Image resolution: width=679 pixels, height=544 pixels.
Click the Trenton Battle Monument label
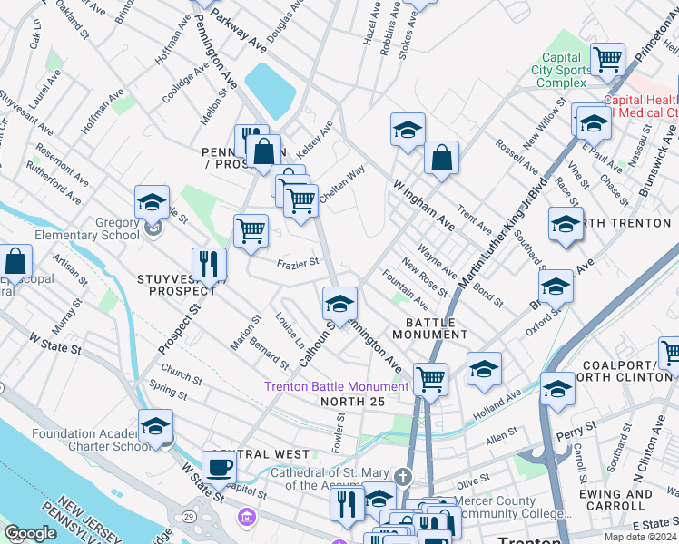pos(336,386)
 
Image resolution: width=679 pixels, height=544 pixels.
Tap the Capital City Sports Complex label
pos(561,70)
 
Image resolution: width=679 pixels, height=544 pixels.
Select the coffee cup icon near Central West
pos(218,468)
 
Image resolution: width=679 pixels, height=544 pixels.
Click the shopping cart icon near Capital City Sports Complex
pos(607,59)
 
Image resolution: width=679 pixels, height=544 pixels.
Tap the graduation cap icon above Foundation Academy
pos(155,426)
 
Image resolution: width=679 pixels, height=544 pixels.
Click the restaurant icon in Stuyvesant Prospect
pos(209,264)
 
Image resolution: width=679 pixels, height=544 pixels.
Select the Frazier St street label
pos(298,263)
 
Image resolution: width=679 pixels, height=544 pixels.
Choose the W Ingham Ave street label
pos(423,205)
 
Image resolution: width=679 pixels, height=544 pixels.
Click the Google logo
pos(30,534)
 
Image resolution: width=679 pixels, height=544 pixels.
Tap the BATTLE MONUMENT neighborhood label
pos(429,328)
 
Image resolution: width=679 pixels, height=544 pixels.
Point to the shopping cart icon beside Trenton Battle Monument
pos(430,378)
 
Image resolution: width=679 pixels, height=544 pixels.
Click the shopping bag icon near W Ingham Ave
pos(440,158)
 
